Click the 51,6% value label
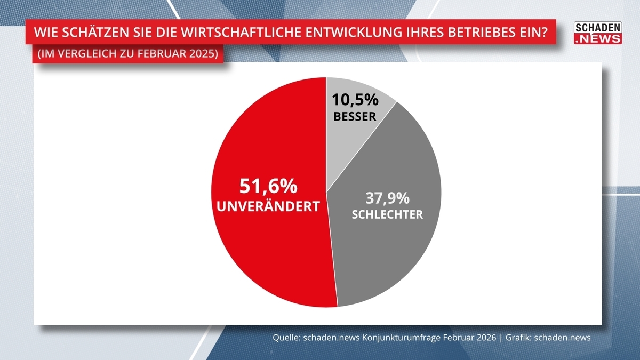click(268, 186)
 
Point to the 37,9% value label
click(387, 198)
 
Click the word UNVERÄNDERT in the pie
click(268, 206)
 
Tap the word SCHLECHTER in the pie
click(387, 215)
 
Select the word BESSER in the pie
click(355, 116)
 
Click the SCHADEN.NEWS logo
click(598, 33)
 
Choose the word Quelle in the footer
click(286, 338)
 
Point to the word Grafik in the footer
click(516, 338)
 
